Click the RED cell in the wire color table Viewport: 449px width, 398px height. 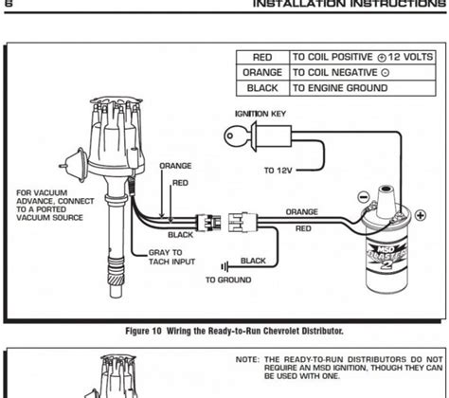coord(262,57)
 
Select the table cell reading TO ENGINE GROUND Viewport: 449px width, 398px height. coord(339,88)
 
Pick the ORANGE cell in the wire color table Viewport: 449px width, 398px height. coord(262,72)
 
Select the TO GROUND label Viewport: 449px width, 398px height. coord(228,280)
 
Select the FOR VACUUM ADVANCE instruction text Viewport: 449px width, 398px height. coord(47,206)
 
